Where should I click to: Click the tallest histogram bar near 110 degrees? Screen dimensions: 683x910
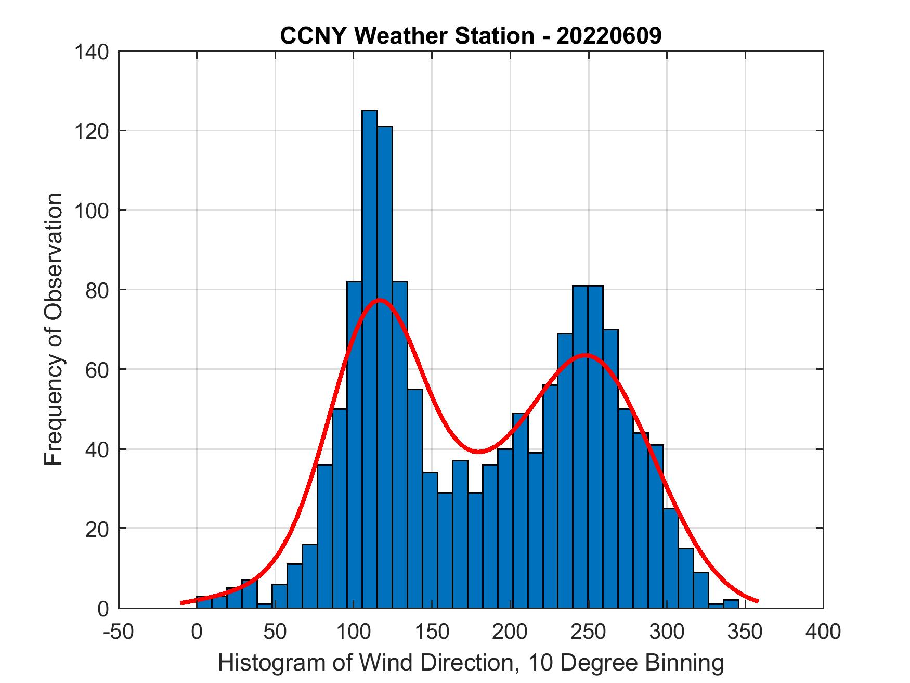[x=369, y=359]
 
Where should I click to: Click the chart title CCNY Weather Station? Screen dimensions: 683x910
[x=407, y=36]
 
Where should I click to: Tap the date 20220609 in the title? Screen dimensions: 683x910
[x=609, y=36]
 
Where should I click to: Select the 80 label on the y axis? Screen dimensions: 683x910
[x=97, y=290]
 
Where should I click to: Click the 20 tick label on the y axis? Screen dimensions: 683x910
[x=97, y=529]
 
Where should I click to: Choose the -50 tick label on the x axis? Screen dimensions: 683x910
[x=119, y=632]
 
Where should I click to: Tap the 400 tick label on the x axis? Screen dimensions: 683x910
[x=823, y=632]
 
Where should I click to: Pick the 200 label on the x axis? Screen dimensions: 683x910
[x=510, y=632]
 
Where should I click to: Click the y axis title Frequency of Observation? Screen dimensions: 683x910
[x=54, y=330]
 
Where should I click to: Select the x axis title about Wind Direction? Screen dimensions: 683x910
[x=471, y=663]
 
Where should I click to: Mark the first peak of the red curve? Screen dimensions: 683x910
[x=379, y=300]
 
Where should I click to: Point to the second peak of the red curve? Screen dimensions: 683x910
[x=586, y=355]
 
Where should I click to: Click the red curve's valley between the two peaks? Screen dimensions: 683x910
[x=479, y=451]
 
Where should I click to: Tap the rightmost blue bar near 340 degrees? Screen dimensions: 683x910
[x=731, y=604]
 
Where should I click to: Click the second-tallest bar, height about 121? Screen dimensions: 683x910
[x=385, y=364]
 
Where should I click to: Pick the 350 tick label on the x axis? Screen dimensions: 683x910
[x=745, y=632]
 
